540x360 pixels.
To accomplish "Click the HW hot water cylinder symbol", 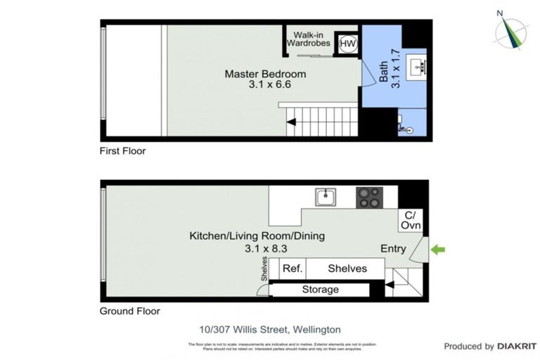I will [x=347, y=44].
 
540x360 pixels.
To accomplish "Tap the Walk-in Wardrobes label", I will [x=307, y=39].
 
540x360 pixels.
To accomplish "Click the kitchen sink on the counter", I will [x=325, y=198].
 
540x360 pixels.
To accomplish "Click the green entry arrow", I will [x=438, y=249].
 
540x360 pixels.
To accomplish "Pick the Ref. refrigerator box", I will [x=292, y=269].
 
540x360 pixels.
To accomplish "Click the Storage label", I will [x=320, y=290].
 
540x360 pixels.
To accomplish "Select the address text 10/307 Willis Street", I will [x=270, y=329].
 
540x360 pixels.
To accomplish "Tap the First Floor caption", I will [x=123, y=151].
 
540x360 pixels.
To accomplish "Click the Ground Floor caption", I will [x=130, y=311].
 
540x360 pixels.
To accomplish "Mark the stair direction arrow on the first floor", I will [x=291, y=123].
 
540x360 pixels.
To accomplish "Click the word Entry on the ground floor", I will [x=393, y=248].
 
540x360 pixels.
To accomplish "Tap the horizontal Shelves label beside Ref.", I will [x=347, y=269].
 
